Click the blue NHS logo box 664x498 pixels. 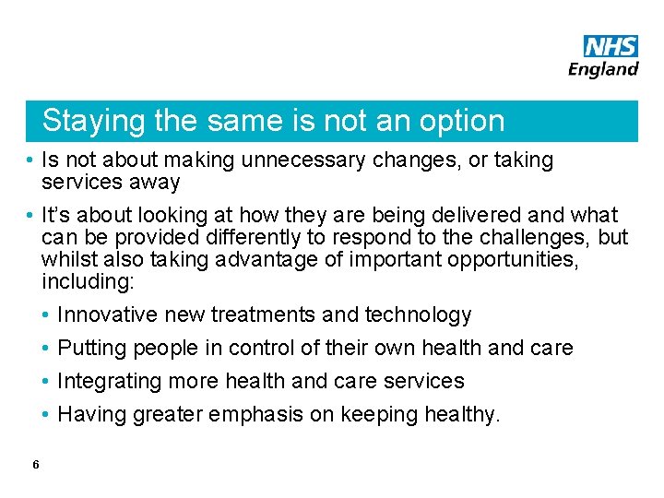coord(611,46)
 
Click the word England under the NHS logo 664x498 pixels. coord(604,69)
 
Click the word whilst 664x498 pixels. coord(67,259)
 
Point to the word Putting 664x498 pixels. coord(91,349)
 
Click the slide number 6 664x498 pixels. coord(35,465)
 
